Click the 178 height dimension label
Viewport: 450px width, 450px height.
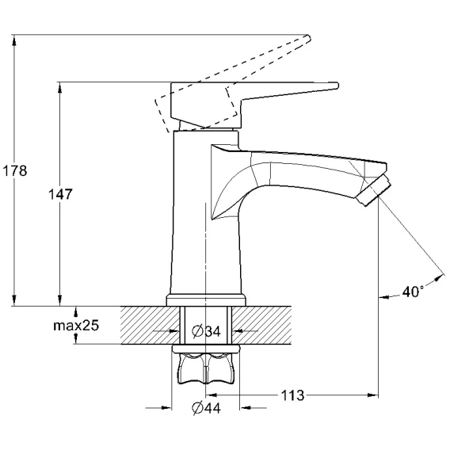point(15,171)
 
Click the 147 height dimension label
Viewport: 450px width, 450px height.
point(60,194)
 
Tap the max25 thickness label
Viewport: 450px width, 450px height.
point(76,326)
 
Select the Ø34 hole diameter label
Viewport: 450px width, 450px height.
point(206,331)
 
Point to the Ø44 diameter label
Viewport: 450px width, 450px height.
point(206,408)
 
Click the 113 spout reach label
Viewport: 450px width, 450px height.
point(292,395)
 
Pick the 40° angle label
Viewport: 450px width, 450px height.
point(413,292)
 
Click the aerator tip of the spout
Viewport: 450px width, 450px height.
point(373,191)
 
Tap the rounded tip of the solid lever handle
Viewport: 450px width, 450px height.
point(337,86)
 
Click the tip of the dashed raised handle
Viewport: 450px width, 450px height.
point(309,39)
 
